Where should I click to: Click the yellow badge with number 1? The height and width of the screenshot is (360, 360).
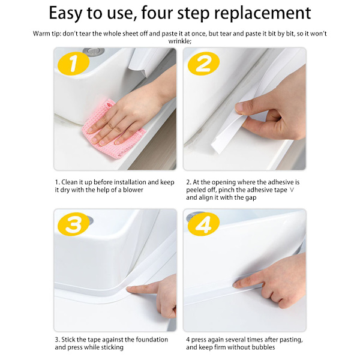click(x=73, y=64)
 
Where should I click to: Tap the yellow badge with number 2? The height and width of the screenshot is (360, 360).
click(x=203, y=64)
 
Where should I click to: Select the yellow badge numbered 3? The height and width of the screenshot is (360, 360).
click(x=73, y=224)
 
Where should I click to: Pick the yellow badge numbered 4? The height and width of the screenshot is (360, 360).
click(x=203, y=224)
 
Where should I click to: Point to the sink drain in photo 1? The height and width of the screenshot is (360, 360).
click(x=94, y=52)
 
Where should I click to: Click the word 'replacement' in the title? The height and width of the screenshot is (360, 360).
click(x=262, y=13)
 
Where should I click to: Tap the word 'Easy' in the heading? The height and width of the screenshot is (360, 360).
click(x=65, y=13)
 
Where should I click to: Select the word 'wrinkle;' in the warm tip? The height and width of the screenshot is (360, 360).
click(x=180, y=41)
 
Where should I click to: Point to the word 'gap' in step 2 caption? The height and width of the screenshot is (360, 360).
click(x=250, y=198)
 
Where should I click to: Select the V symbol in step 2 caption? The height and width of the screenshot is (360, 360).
click(x=292, y=190)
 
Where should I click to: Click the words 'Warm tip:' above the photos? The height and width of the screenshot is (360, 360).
click(x=47, y=34)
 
